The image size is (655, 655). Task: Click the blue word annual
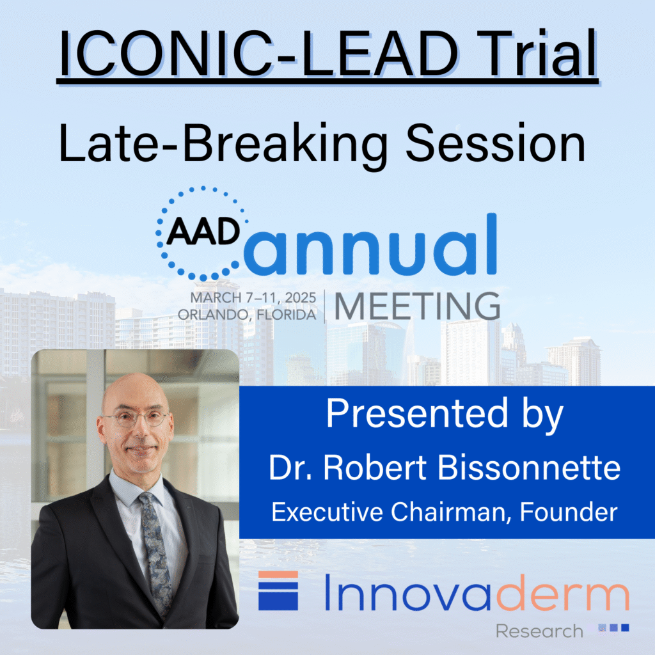pyautogui.click(x=370, y=246)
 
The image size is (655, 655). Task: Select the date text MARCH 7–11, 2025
pyautogui.click(x=253, y=299)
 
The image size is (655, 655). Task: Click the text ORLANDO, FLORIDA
pyautogui.click(x=253, y=314)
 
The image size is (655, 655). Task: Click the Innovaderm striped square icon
pyautogui.click(x=278, y=590)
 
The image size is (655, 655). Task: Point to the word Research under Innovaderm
pyautogui.click(x=539, y=631)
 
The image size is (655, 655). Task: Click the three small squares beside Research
pyautogui.click(x=613, y=628)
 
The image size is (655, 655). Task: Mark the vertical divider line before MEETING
pyautogui.click(x=324, y=306)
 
